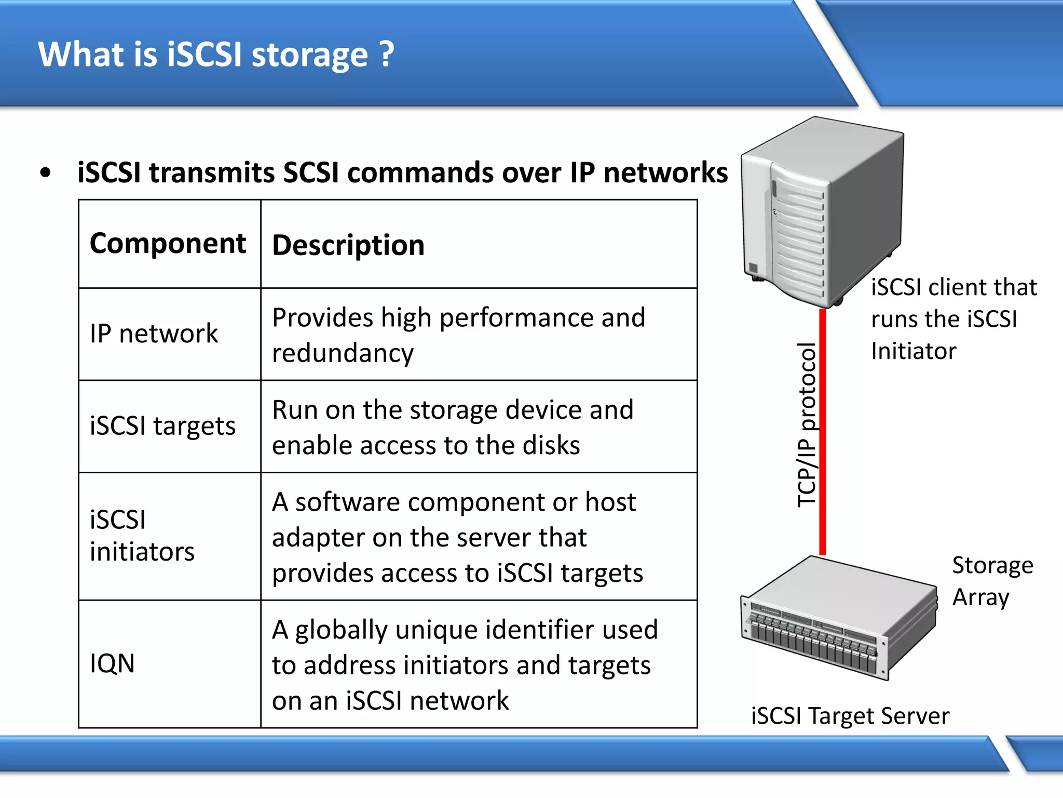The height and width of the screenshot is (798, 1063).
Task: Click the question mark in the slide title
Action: pyautogui.click(x=387, y=54)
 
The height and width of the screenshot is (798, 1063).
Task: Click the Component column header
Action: pyautogui.click(x=168, y=243)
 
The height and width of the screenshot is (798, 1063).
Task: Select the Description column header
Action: pyautogui.click(x=348, y=245)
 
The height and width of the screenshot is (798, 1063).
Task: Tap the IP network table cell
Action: pyautogui.click(x=154, y=334)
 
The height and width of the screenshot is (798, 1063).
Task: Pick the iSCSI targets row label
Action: pyautogui.click(x=162, y=426)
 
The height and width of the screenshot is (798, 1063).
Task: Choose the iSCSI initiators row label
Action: pyautogui.click(x=142, y=536)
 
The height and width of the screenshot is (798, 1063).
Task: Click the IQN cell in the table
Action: pyautogui.click(x=112, y=663)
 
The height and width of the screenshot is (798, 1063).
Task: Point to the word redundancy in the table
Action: pyautogui.click(x=343, y=353)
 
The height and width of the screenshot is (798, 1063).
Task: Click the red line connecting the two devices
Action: pyautogui.click(x=822, y=431)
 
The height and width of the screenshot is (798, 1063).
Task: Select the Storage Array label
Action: pyautogui.click(x=992, y=581)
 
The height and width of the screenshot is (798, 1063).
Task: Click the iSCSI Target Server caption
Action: pyautogui.click(x=850, y=716)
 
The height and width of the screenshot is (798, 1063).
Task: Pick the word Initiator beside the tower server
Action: pyautogui.click(x=913, y=351)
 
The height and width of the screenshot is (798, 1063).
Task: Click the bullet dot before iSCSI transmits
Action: pyautogui.click(x=46, y=173)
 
